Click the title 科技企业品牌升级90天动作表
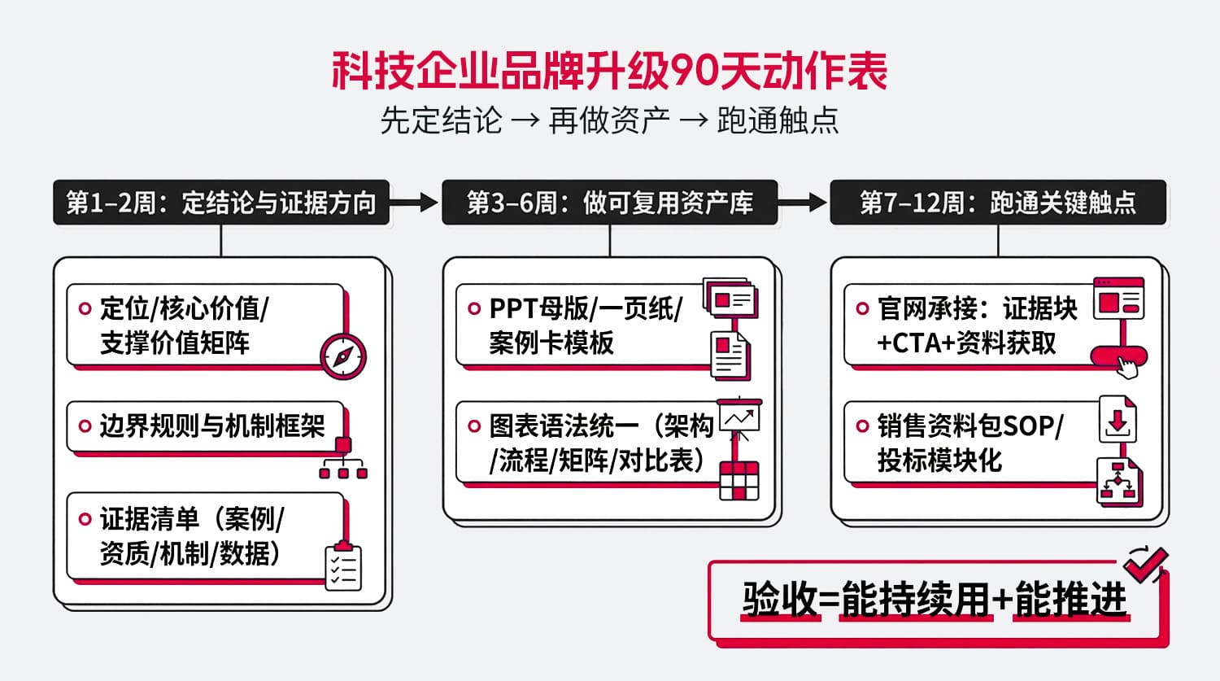pos(610,72)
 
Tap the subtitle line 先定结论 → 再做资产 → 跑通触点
pos(610,121)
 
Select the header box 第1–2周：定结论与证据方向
pos(221,203)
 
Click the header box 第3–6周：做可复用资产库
pos(610,203)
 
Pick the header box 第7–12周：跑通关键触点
pos(998,203)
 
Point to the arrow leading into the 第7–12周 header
pos(804,203)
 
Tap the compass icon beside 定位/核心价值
pos(342,356)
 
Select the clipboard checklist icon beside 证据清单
pos(342,565)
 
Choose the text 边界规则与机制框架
pos(212,426)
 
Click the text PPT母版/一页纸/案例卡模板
pos(586,325)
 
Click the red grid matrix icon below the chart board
pos(739,479)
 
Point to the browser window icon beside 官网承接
pos(1119,299)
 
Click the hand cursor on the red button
pos(1126,366)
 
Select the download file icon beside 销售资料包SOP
pos(1118,420)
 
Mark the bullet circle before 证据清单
pos(85,519)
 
